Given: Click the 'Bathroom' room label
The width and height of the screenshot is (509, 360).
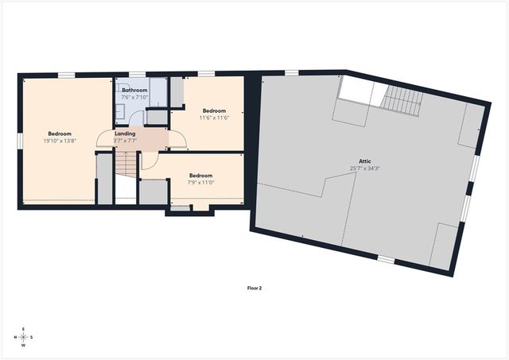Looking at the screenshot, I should [x=134, y=91].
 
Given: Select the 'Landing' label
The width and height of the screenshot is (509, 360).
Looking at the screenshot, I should [x=125, y=134].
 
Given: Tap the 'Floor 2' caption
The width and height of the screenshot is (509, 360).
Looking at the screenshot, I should [x=254, y=288].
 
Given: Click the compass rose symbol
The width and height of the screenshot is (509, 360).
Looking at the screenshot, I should [x=23, y=337].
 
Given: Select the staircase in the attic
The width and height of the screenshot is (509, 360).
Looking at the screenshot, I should [x=401, y=99].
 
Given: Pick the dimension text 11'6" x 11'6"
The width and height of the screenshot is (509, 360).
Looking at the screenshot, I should [x=215, y=118].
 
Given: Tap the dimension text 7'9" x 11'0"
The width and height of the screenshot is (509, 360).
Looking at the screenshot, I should [x=200, y=183].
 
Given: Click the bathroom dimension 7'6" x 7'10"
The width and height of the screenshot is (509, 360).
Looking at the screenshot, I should [x=134, y=98].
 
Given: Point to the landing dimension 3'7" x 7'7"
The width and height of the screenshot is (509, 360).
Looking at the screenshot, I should [x=125, y=141].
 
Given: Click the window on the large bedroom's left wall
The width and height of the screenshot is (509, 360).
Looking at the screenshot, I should [x=19, y=140].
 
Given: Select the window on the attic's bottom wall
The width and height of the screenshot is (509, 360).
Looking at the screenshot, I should [x=386, y=259].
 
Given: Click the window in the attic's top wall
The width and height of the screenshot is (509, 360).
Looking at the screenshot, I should [x=292, y=74].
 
